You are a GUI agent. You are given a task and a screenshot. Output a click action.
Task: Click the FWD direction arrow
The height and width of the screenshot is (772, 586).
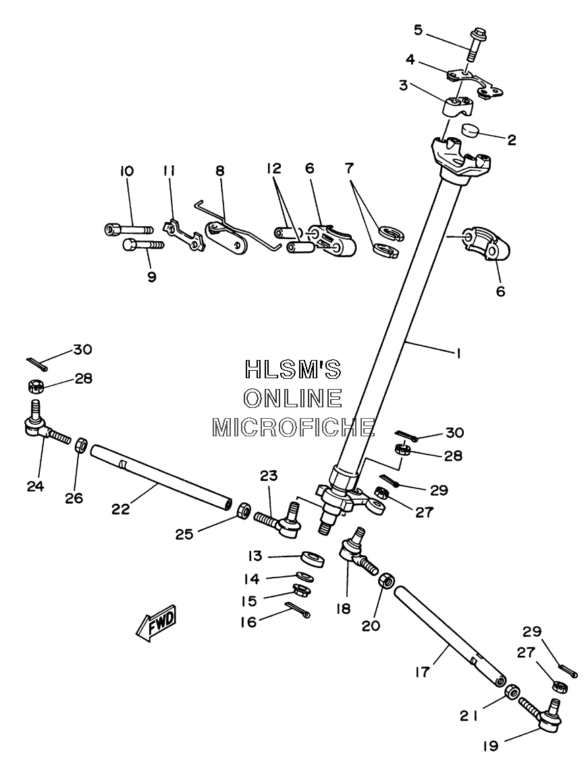click(156, 622)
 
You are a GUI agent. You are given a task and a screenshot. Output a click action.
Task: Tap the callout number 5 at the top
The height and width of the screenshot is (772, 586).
click(418, 30)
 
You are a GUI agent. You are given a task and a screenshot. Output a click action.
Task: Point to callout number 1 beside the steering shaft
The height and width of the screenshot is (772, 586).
click(458, 353)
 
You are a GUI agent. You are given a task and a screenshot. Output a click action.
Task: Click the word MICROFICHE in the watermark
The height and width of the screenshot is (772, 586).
click(293, 427)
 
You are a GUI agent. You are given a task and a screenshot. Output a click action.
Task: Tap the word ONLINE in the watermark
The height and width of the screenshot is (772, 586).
click(293, 398)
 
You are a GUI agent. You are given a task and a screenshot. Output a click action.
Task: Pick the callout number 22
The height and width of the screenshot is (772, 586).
click(121, 509)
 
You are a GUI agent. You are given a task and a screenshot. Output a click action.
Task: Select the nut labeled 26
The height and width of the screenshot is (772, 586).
click(81, 446)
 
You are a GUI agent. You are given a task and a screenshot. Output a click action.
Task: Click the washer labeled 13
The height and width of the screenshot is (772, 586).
click(313, 560)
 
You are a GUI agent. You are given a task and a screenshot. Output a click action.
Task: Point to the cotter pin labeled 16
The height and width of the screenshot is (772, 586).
click(297, 609)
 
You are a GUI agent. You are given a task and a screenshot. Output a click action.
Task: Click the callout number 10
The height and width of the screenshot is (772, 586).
click(126, 172)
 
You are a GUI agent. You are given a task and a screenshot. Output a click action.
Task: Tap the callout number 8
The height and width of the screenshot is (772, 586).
click(220, 171)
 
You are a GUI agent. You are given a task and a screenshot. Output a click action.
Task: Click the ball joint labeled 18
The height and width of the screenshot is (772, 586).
click(358, 552)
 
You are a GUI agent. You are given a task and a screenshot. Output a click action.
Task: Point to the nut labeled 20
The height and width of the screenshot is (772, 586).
click(385, 579)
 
